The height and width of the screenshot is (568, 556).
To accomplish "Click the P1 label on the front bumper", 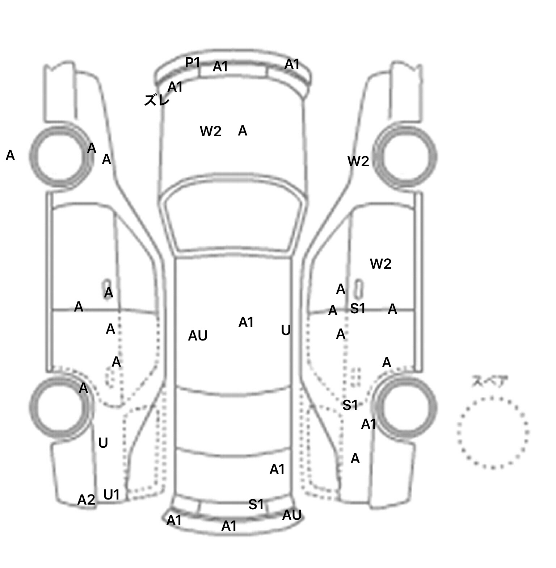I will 193,63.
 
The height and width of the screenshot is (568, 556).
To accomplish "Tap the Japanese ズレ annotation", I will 157,100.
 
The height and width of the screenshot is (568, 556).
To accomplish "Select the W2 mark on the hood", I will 210,131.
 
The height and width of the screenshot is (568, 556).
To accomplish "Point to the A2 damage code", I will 86,500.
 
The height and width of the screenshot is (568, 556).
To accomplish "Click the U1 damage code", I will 111,494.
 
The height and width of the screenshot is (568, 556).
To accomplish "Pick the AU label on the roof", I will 198,336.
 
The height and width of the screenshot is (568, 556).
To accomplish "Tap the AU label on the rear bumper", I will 292,515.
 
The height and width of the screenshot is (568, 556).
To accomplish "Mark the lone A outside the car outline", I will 10,156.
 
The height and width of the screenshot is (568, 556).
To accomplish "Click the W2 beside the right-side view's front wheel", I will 358,162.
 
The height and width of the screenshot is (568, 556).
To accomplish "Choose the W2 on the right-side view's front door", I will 380,264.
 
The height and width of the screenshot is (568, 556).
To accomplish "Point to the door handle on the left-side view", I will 108,285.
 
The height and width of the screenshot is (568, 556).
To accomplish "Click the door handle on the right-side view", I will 359,287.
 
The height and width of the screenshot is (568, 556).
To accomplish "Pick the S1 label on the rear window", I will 256,505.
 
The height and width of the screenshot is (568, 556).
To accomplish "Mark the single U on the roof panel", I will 286,330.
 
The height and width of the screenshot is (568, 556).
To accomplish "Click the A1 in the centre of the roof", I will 246,322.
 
